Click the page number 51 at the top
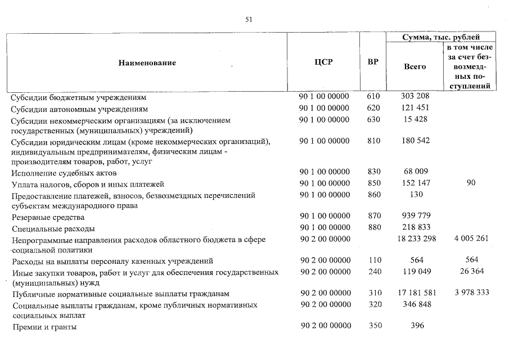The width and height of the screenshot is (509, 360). tap(249, 20)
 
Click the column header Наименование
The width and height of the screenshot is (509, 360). tap(147, 62)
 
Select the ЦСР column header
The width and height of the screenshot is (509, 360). tap(324, 62)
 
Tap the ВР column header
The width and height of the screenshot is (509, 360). tap(372, 62)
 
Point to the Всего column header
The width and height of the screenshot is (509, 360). tap(415, 66)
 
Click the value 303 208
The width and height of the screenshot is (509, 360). tap(416, 97)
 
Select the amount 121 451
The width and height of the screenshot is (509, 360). tap(416, 108)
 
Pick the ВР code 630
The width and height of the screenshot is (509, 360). tap(373, 120)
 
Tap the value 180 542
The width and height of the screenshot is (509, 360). tap(416, 141)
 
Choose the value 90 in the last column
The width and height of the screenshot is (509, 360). tap(471, 183)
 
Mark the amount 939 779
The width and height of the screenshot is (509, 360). tap(416, 216)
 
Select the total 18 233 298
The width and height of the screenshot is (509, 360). tap(415, 239)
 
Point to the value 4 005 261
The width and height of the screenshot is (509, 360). tap(471, 239)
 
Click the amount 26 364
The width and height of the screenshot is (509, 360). tap(471, 271)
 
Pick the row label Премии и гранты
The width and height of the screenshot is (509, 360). tap(44, 326)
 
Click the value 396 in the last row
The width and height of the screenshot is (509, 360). tap(416, 326)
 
